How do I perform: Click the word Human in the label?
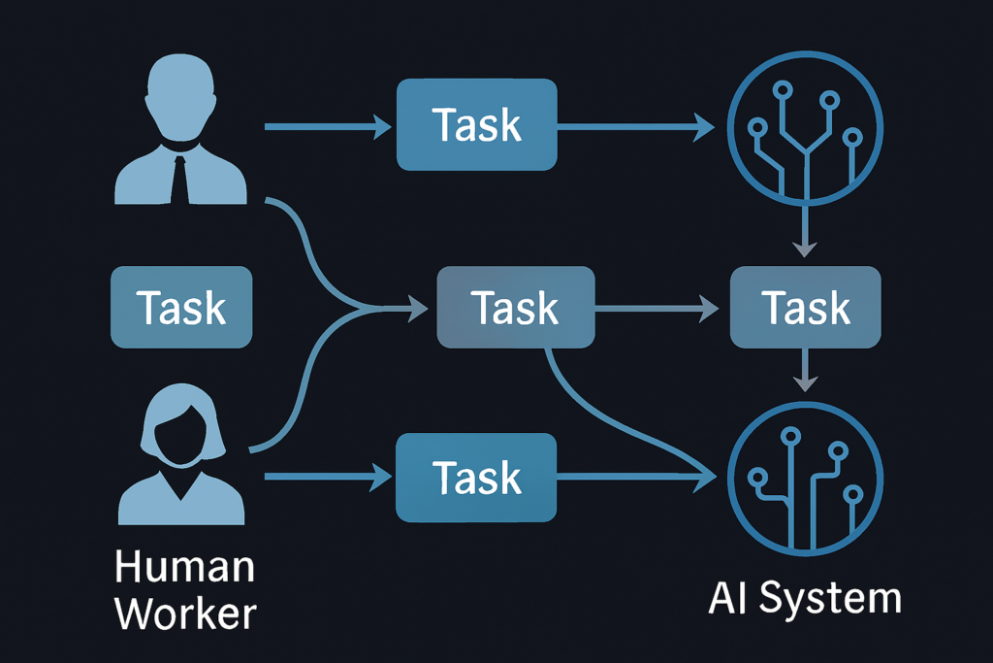[184, 566]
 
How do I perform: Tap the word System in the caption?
[830, 598]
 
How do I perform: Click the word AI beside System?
[729, 598]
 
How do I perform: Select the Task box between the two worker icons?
[181, 308]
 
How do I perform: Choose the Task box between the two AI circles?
[805, 308]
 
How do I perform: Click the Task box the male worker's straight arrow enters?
[476, 125]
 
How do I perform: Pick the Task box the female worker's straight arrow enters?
[476, 478]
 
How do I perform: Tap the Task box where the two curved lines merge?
[515, 308]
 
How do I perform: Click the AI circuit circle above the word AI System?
[805, 477]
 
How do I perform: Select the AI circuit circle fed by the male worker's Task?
[805, 125]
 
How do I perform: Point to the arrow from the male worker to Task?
[326, 125]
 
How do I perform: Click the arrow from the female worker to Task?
[326, 477]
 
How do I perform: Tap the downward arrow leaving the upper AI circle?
[804, 233]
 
